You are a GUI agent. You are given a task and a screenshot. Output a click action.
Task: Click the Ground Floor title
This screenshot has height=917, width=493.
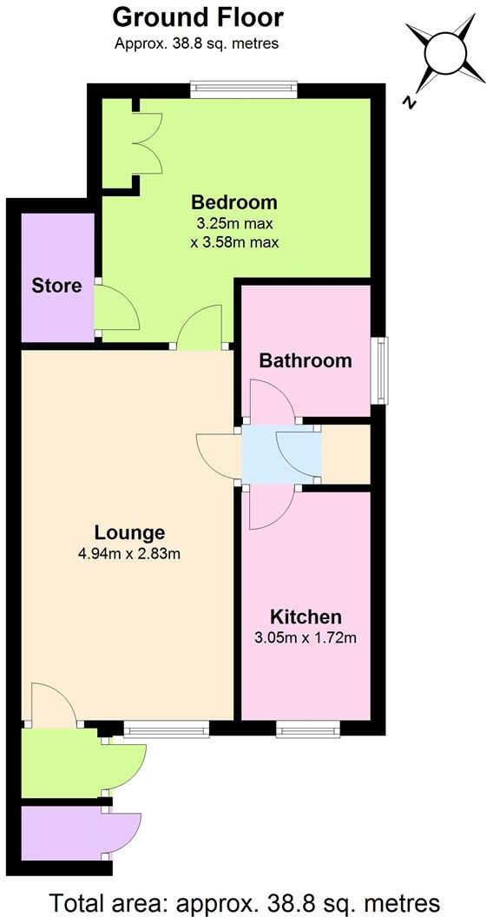coord(198,16)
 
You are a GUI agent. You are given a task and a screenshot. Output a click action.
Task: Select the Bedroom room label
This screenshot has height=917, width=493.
coord(234,202)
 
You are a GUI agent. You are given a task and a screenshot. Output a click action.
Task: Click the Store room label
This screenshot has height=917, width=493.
coord(56,286)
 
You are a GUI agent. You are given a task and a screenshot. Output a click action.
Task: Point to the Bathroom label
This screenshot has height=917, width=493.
coord(306,360)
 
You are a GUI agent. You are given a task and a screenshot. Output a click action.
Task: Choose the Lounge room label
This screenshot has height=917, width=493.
coord(129,532)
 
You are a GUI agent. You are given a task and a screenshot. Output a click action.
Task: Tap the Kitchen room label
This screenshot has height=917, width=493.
coord(306,617)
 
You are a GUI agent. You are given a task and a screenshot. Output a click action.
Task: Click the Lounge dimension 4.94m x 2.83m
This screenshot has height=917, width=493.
coord(129,553)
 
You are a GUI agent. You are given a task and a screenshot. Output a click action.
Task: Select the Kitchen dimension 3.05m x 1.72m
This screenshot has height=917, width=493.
coord(306,638)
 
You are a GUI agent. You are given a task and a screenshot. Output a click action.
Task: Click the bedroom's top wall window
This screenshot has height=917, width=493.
coord(244,88)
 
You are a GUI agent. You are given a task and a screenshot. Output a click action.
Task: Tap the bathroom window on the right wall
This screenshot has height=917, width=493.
coord(378,371)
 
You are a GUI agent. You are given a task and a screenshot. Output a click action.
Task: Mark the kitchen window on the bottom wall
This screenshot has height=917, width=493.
coord(308,729)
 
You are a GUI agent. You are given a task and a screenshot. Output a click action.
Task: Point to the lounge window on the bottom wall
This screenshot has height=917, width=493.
coord(166,729)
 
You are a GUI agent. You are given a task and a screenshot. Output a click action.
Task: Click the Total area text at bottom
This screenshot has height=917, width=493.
coord(246,901)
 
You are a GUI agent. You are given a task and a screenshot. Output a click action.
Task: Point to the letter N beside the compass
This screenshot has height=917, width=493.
coord(406,102)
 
